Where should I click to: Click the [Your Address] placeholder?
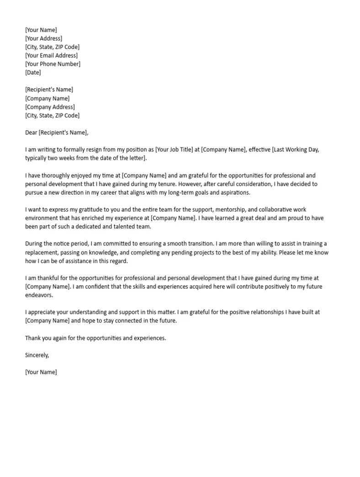point(44,38)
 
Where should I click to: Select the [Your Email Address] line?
point(52,56)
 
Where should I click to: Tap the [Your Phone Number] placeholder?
point(53,64)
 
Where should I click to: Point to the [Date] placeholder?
point(33,73)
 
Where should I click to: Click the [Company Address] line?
point(50,107)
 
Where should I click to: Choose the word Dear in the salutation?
point(31,133)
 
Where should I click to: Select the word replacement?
point(42,252)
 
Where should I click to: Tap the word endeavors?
point(39,295)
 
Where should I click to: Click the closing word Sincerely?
point(37,355)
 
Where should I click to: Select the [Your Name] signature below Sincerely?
point(41,372)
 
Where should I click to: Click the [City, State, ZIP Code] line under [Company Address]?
point(52,116)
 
